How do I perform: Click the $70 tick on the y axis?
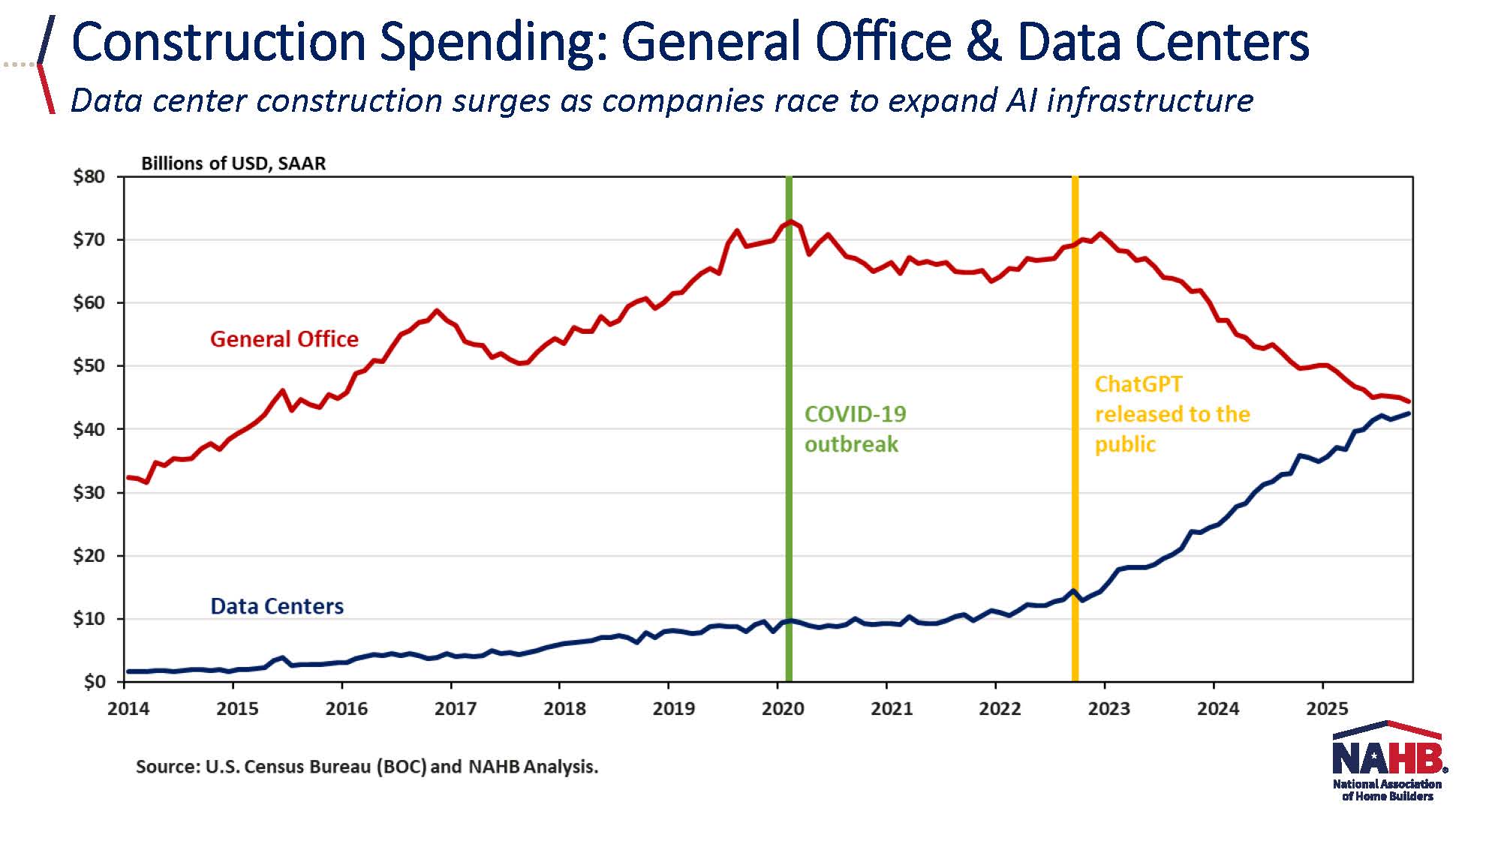pos(89,241)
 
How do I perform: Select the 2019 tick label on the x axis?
pos(673,709)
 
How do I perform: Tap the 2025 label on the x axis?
pos(1327,709)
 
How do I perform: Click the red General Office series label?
pos(284,339)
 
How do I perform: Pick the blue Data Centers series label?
pos(276,606)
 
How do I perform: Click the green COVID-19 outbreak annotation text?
pos(854,429)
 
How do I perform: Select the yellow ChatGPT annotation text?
pos(1172,414)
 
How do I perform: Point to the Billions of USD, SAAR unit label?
pos(233,164)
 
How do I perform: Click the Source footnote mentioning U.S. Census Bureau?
pos(366,767)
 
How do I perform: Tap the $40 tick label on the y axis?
pos(89,430)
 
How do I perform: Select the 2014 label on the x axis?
pos(128,709)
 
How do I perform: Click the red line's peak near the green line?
pos(790,222)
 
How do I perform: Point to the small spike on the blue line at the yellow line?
pos(1074,591)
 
